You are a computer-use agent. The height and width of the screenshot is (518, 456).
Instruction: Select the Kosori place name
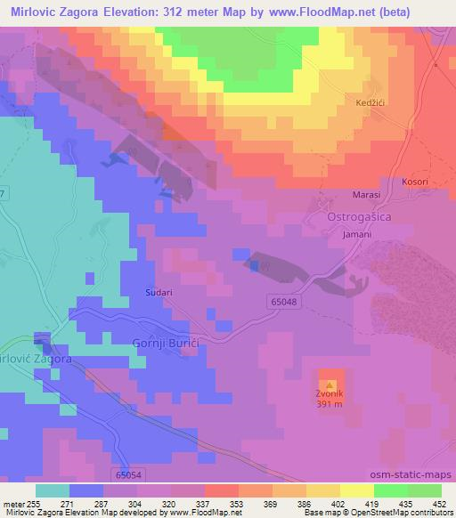point(415,182)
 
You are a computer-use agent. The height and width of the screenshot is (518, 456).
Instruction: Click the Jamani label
point(355,235)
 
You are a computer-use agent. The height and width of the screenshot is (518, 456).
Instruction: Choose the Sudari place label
point(157,290)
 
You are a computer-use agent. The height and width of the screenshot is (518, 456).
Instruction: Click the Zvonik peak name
point(330,395)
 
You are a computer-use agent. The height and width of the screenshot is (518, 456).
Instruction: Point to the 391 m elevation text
point(330,405)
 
